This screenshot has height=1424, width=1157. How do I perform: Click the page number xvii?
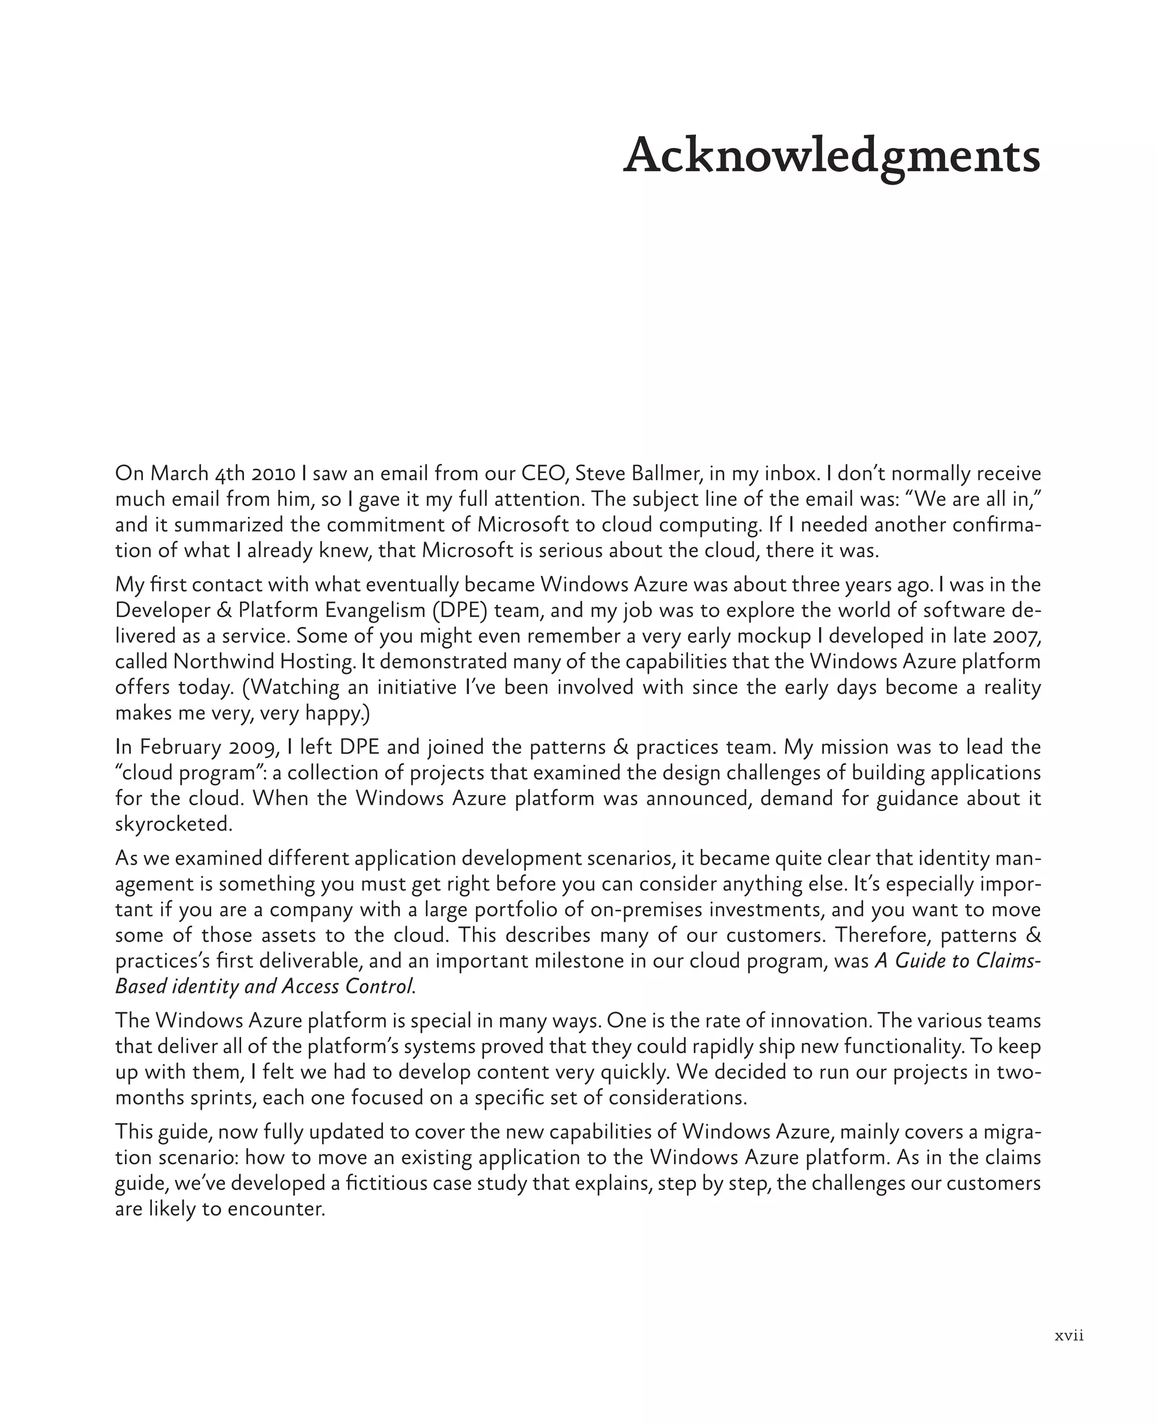[1069, 1335]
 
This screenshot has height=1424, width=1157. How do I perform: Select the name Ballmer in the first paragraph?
[668, 474]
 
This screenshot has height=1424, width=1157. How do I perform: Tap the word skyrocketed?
[174, 824]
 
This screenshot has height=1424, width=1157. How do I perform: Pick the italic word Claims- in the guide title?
[1008, 961]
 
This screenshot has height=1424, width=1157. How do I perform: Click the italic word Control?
[379, 986]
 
